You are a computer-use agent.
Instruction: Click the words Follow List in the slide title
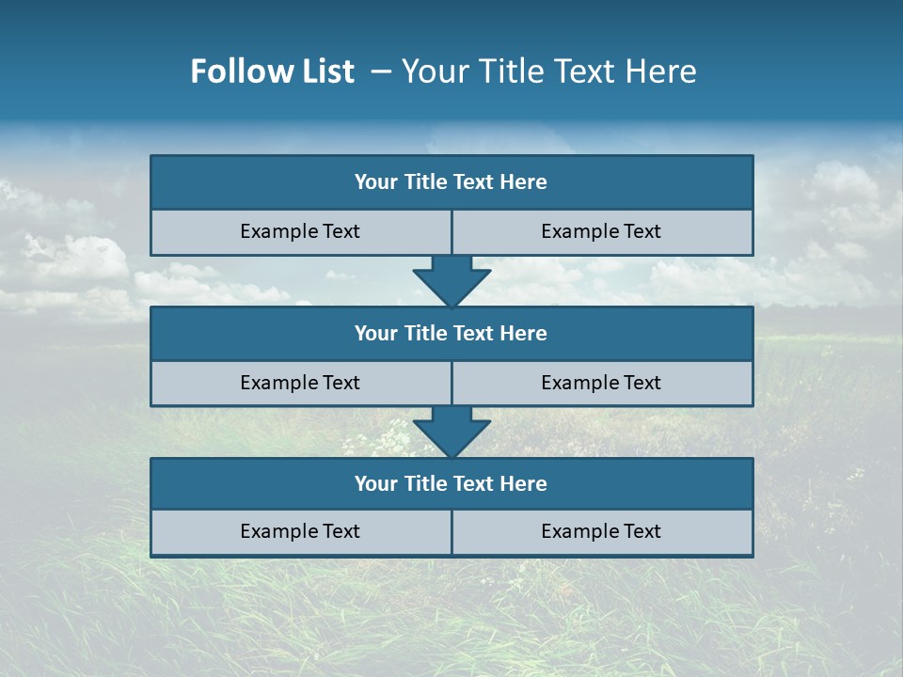[x=272, y=71]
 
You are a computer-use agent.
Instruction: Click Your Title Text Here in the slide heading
[x=548, y=71]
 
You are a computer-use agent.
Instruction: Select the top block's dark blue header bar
[x=451, y=182]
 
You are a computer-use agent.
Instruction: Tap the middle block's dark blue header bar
[x=451, y=333]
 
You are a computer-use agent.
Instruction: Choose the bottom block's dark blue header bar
[x=451, y=483]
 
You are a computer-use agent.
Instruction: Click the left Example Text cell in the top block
[x=300, y=231]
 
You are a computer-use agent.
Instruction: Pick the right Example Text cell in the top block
[x=602, y=231]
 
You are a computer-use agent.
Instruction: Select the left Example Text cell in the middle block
[x=300, y=383]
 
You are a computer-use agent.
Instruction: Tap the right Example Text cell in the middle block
[x=602, y=383]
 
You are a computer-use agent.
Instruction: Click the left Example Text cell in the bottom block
[x=300, y=531]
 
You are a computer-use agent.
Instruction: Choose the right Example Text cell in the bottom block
[x=602, y=531]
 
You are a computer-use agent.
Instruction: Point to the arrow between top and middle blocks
[x=451, y=281]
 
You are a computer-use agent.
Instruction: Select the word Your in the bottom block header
[x=375, y=483]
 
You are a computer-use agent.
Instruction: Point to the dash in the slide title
[x=381, y=71]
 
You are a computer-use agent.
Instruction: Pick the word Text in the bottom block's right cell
[x=642, y=531]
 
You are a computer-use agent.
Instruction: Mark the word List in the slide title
[x=328, y=71]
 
